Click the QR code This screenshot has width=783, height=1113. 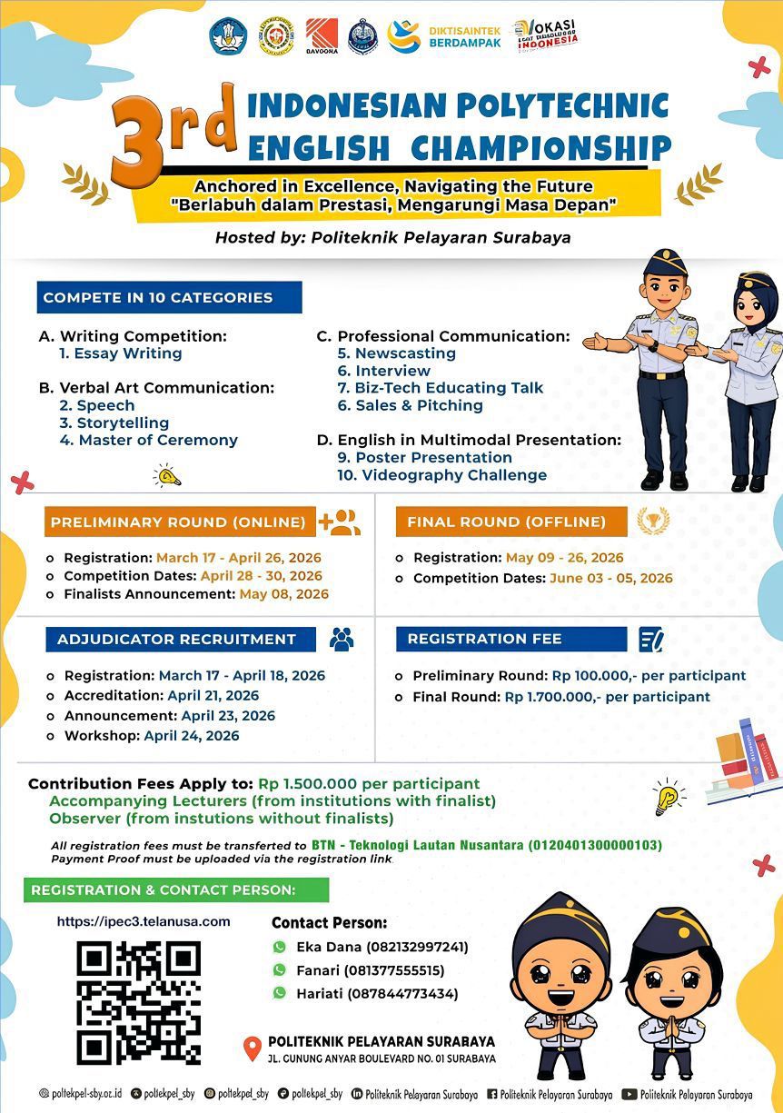[x=139, y=1003]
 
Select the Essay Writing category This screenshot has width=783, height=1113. [x=121, y=353]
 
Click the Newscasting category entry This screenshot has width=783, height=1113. [x=397, y=353]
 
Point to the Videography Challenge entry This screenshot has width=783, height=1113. [x=442, y=475]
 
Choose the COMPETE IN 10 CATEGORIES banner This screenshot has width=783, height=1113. [x=169, y=297]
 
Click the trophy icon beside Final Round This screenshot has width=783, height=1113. [x=653, y=521]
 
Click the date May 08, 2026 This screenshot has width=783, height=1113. [x=283, y=594]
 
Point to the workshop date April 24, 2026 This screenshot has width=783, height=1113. [x=192, y=736]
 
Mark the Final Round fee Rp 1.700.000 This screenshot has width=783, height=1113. [x=551, y=697]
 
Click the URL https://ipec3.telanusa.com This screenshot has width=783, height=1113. [x=144, y=921]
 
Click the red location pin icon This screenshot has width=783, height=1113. [x=253, y=1048]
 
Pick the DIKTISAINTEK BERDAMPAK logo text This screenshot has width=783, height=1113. [x=464, y=36]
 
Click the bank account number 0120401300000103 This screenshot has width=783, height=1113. [x=596, y=845]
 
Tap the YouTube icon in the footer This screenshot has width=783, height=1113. [x=629, y=1094]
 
